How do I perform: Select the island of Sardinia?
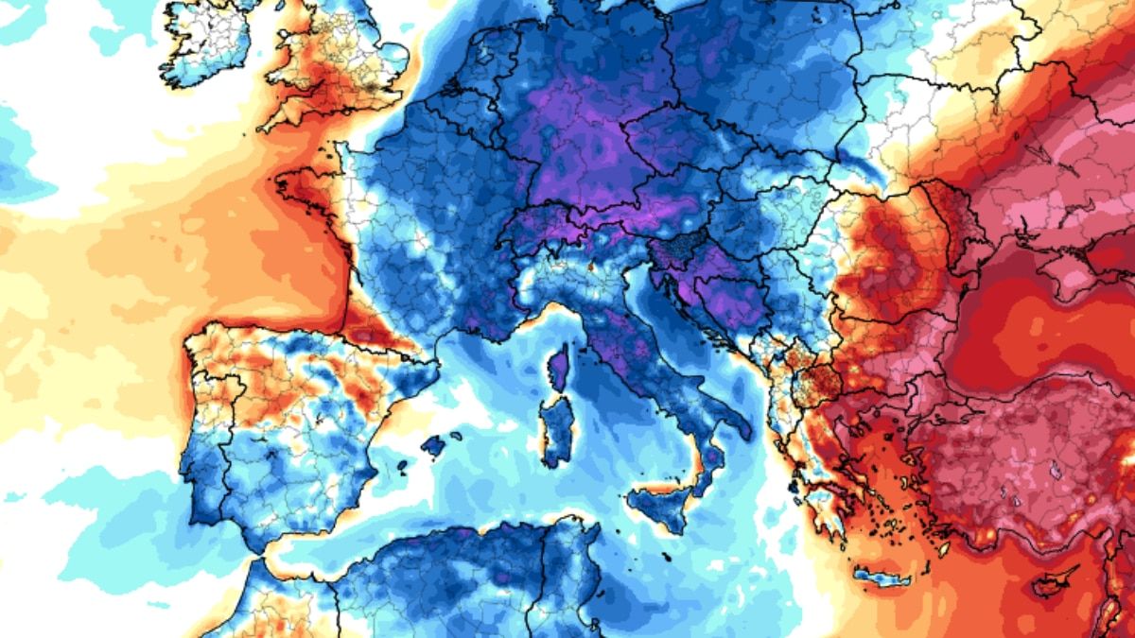(556, 430)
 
